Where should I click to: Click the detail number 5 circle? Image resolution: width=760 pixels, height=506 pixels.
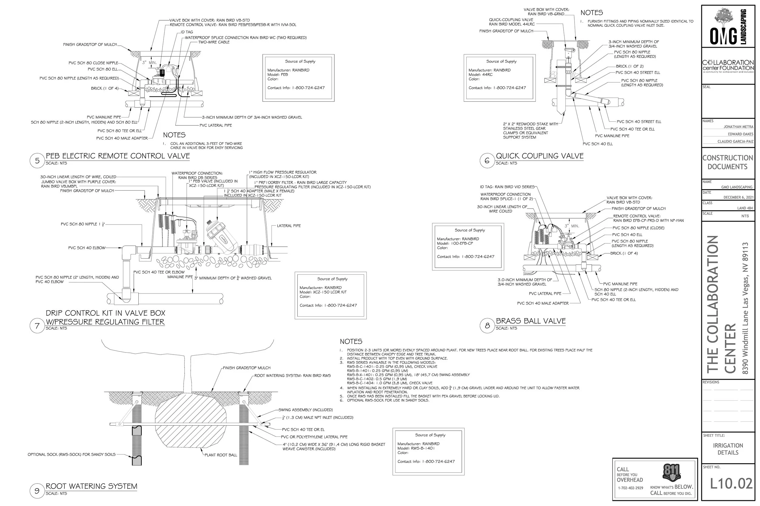[x=37, y=161]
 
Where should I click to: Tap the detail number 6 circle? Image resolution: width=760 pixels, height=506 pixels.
[x=487, y=161]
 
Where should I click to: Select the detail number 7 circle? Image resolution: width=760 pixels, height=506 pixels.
[x=37, y=326]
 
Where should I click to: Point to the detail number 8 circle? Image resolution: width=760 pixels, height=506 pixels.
[x=487, y=326]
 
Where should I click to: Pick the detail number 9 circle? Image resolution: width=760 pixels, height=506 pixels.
[x=37, y=491]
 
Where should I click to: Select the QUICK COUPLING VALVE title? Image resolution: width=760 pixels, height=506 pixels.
[x=540, y=156]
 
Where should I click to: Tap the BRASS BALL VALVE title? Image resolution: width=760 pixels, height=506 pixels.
[x=530, y=321]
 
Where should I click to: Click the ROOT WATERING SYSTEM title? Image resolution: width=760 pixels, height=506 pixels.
[x=92, y=486]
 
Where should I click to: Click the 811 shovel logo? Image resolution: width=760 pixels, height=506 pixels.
[x=672, y=472]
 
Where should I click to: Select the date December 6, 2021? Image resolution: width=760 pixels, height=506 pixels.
[x=738, y=198]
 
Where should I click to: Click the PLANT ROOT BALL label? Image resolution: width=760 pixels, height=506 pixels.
[x=221, y=455]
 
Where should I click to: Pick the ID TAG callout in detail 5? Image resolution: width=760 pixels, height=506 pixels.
[x=187, y=32]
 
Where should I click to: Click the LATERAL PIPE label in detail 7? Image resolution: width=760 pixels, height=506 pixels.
[x=288, y=226]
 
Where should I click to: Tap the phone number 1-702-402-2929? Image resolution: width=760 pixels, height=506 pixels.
[x=630, y=488]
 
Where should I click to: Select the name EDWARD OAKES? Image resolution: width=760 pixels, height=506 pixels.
[x=740, y=134]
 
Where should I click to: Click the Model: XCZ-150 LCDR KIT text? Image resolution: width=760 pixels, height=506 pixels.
[x=323, y=292]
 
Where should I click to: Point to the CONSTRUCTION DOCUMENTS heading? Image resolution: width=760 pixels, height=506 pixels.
[x=727, y=162]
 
